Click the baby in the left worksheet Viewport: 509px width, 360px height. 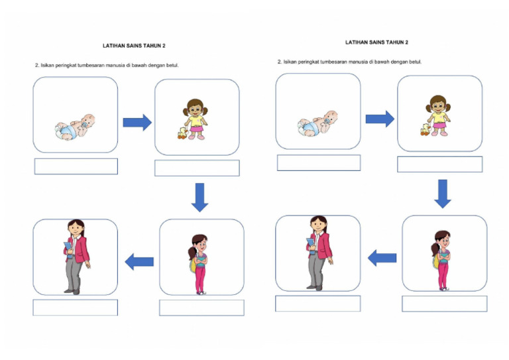point(75,127)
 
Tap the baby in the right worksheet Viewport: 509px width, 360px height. point(317,124)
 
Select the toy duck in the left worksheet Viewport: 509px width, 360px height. point(182,133)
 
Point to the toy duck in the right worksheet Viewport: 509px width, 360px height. point(425,129)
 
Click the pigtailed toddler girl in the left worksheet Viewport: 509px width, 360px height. point(196,119)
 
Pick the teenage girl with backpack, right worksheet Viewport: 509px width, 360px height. point(441,261)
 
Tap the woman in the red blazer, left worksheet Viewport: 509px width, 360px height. point(77,257)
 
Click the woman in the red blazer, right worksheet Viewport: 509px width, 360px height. point(319,253)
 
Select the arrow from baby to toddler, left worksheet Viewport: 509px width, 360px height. point(137,123)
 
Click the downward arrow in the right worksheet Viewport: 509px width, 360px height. point(443,194)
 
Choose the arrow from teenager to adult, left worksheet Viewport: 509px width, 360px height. point(139,262)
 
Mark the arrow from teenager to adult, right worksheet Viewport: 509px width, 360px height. point(382,258)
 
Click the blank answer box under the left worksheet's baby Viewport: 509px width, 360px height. point(76,166)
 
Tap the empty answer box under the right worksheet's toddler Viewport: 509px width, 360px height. point(440,164)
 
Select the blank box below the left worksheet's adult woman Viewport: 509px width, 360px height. point(76,308)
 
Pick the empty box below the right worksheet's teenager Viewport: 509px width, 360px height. point(445,304)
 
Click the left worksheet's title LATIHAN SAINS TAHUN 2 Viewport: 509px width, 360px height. point(134,46)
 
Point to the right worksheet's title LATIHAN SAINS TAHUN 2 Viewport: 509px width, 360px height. point(376,42)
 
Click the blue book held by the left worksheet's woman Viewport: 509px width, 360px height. point(68,249)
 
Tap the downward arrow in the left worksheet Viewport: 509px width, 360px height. point(199,198)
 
